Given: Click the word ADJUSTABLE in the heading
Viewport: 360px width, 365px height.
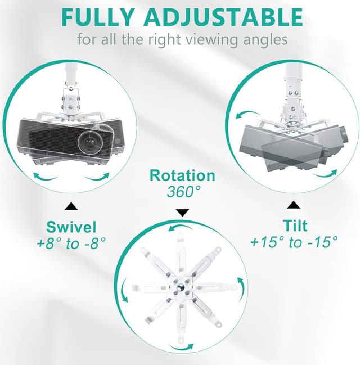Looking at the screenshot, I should pyautogui.click(x=223, y=17).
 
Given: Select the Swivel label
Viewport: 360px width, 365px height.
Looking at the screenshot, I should pyautogui.click(x=71, y=227).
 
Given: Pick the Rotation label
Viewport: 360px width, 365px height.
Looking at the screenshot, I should pyautogui.click(x=182, y=175).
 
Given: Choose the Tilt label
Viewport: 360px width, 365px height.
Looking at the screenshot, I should pyautogui.click(x=295, y=226).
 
